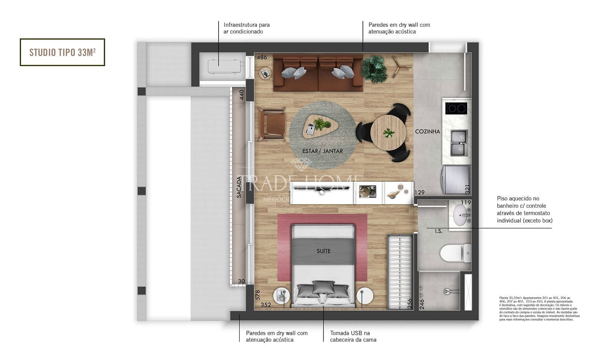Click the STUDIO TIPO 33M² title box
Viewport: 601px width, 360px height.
[62, 52]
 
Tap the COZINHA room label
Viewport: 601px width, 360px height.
[427, 131]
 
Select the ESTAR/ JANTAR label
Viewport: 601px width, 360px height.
[323, 151]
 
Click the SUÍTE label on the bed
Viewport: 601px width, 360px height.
[323, 251]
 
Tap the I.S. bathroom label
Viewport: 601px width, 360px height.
[438, 231]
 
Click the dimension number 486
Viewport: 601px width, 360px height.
[262, 57]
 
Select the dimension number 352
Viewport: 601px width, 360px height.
[266, 305]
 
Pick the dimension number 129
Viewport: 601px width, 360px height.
[419, 192]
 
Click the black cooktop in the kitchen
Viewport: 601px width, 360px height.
[456, 108]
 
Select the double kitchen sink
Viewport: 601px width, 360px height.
[459, 143]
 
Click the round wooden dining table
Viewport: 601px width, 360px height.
[388, 132]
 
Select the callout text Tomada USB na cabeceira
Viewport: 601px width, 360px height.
[353, 336]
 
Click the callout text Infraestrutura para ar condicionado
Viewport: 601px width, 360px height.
[246, 28]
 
